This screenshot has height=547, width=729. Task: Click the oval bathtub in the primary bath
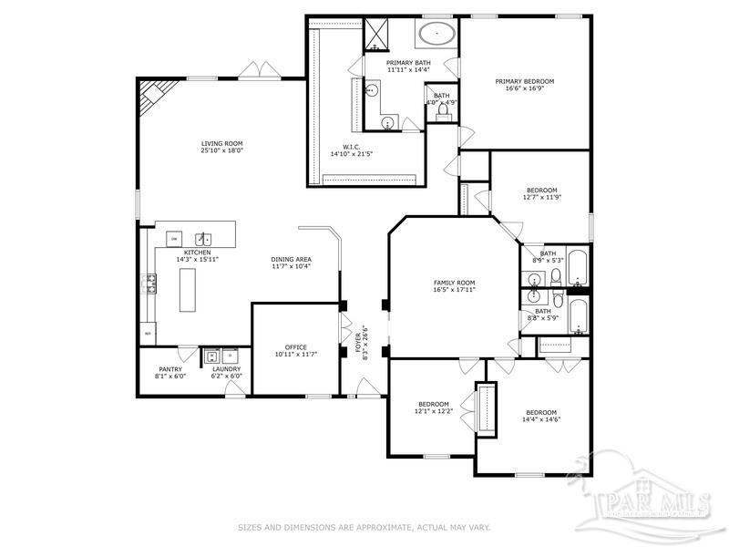(x=436, y=36)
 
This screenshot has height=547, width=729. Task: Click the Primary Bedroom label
(x=524, y=81)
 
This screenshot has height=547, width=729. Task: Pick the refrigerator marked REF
(x=148, y=335)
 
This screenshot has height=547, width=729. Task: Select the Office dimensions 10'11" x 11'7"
(x=295, y=354)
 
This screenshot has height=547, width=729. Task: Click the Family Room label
(x=453, y=283)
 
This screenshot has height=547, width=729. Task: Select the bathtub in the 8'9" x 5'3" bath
(x=578, y=256)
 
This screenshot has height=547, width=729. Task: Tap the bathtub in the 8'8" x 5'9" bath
(x=577, y=316)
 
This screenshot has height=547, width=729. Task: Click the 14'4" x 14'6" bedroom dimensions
(x=541, y=419)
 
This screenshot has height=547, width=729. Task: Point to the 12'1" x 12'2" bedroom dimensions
(x=433, y=411)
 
